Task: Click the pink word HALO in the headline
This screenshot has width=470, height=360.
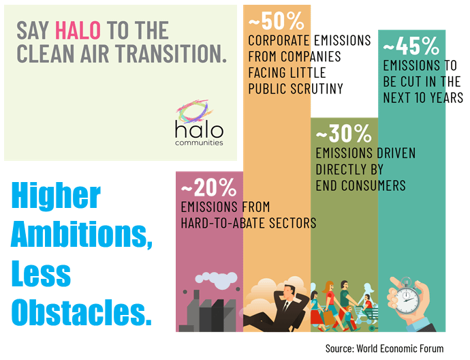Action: pos(78,30)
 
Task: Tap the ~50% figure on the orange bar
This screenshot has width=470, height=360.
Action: pos(277,21)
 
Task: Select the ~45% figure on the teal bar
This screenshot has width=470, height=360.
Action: pos(411,46)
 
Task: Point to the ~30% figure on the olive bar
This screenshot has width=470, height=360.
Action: pos(343,134)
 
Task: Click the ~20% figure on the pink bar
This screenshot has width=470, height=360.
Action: pos(208,187)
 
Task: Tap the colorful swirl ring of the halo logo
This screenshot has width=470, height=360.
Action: pos(193,111)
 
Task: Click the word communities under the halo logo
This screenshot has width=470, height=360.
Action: pos(199,142)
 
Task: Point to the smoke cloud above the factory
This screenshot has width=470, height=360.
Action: pos(217,279)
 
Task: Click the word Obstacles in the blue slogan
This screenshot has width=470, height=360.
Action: pos(81,312)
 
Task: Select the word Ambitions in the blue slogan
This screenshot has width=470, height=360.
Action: pos(82,235)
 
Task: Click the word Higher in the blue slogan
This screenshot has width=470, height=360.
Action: pos(56,196)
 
